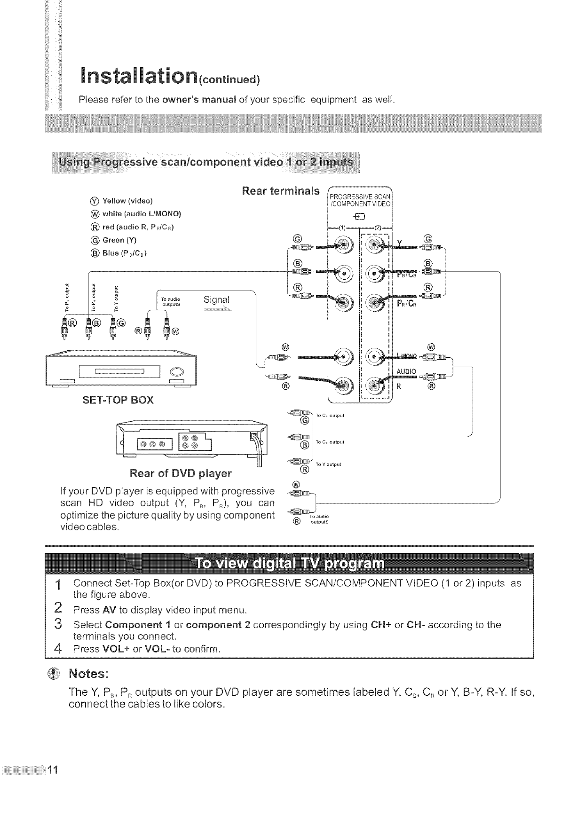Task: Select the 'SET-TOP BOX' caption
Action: coord(118,400)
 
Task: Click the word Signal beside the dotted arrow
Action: coord(217,300)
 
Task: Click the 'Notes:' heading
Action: coord(89,672)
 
